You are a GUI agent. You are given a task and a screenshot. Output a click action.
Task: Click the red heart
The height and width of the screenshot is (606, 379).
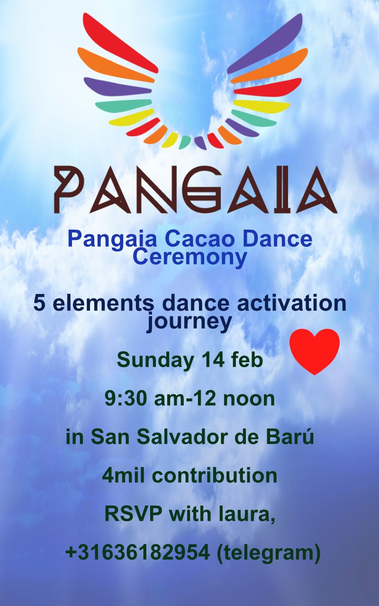pyautogui.click(x=314, y=350)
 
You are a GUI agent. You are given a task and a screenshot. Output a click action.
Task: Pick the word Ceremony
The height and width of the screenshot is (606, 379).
pyautogui.click(x=190, y=257)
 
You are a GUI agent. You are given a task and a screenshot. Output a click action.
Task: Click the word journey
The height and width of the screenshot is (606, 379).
pyautogui.click(x=189, y=322)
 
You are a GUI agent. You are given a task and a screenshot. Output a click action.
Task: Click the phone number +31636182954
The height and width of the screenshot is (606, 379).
pyautogui.click(x=137, y=552)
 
